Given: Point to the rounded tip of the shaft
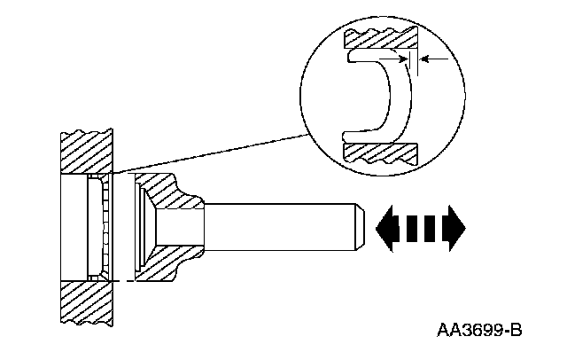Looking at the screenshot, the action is coord(358,226).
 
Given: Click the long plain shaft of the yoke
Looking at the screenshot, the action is coord(283,226).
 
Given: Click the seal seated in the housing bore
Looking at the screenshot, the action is coord(99,229).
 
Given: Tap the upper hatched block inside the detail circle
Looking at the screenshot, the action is coord(381,39).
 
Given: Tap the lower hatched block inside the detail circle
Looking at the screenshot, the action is coord(381,151).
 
